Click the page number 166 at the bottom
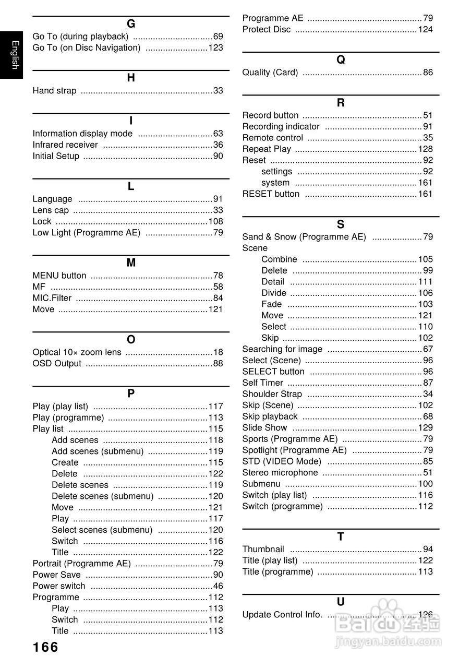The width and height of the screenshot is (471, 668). coord(45,648)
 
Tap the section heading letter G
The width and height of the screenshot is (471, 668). coord(131,24)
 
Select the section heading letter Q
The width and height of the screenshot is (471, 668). coord(341,60)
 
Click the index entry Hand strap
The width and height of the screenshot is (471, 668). coord(54,91)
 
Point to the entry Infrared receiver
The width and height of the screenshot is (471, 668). coord(65,145)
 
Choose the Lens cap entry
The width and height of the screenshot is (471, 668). coord(51,210)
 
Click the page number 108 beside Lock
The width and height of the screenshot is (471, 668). coord(216,222)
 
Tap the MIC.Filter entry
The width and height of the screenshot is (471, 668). coord(52,299)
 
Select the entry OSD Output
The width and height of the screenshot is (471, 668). coord(57,364)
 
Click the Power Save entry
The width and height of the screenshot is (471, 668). coord(56,575)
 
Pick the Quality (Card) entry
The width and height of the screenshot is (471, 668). coord(270,73)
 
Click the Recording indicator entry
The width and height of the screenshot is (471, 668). coord(281,127)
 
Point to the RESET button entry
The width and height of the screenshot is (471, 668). coord(271,194)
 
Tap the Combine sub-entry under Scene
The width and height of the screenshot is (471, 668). coord(279,259)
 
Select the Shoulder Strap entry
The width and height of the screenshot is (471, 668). coord(272,394)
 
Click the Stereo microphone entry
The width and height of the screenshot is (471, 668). coord(280,473)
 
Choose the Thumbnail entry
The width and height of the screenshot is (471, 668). coord(263,550)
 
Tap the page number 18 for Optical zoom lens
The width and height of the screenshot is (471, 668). coord(218,353)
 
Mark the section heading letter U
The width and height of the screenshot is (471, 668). coord(341,602)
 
